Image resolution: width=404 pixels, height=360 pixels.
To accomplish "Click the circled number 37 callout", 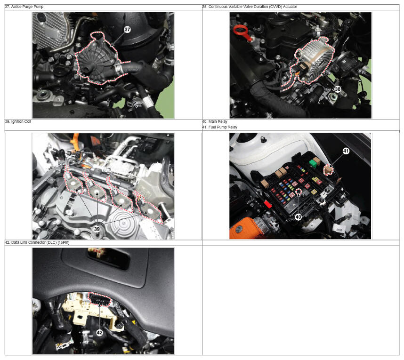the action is coord(127,29).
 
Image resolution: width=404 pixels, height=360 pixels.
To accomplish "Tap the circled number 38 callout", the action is coord(338,89).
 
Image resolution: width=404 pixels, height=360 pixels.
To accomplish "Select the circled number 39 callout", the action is coord(97,229).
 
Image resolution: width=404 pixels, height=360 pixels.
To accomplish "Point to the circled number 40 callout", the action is coord(298,217).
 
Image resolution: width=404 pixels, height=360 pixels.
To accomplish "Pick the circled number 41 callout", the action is coord(346,151).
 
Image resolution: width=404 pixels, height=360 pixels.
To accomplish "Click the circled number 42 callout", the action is coord(99,332).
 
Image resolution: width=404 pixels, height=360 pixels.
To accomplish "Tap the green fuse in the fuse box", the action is coord(313,163).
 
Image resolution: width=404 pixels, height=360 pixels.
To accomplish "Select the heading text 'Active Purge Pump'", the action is coord(27,7).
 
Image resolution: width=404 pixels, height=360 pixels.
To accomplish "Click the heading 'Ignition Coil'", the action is coord(21,121).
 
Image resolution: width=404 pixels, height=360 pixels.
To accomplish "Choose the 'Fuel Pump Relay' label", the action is coord(223,127).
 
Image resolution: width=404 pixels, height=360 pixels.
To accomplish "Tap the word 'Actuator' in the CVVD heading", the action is coord(290,7).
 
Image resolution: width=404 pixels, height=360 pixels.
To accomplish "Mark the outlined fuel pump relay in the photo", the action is coord(328,170).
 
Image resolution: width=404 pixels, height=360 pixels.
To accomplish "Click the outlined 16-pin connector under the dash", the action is coord(99,299).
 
